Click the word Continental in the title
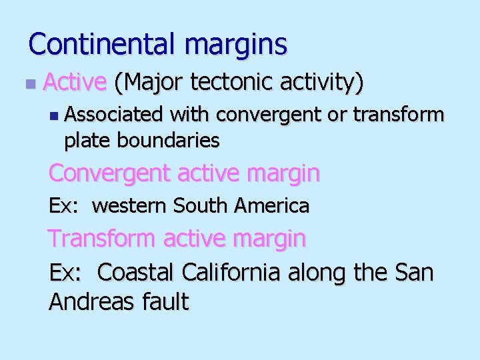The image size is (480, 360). click(x=103, y=45)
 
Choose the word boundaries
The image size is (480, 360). click(x=169, y=140)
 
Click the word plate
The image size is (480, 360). click(x=88, y=141)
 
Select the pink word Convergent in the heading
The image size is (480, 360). click(x=108, y=173)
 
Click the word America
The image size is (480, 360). click(x=271, y=206)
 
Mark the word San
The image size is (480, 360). click(x=414, y=272)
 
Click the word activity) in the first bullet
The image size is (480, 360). click(x=322, y=83)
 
